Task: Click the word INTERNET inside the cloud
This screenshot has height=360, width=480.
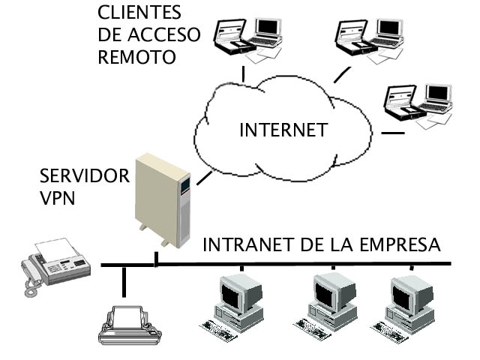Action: pyautogui.click(x=283, y=130)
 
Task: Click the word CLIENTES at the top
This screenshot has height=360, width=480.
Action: pyautogui.click(x=139, y=13)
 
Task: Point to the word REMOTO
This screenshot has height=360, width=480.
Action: pyautogui.click(x=137, y=57)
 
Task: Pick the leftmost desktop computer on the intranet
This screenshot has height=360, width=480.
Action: pyautogui.click(x=234, y=304)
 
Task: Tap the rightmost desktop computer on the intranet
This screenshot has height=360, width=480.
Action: pyautogui.click(x=406, y=304)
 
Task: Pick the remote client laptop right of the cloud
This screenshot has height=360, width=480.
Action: pyautogui.click(x=419, y=104)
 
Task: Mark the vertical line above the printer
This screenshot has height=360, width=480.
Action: pyautogui.click(x=124, y=284)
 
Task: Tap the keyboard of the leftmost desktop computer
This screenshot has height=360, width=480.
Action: pyautogui.click(x=220, y=328)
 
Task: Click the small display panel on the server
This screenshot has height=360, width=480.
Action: pyautogui.click(x=185, y=182)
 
